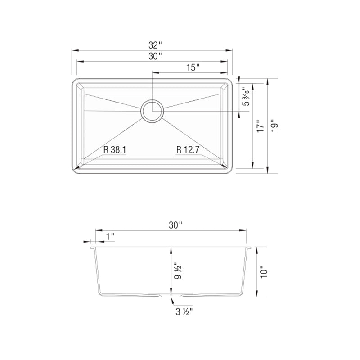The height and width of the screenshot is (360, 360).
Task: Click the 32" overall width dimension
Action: coord(154,45)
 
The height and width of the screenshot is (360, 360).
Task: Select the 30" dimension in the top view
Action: coord(154,57)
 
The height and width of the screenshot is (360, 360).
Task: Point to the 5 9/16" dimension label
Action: coord(245,96)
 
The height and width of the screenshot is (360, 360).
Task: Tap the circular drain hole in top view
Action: coord(152,111)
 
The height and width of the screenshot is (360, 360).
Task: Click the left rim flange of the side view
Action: coord(93,247)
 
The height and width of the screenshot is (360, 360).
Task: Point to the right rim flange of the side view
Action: coord(248,247)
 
